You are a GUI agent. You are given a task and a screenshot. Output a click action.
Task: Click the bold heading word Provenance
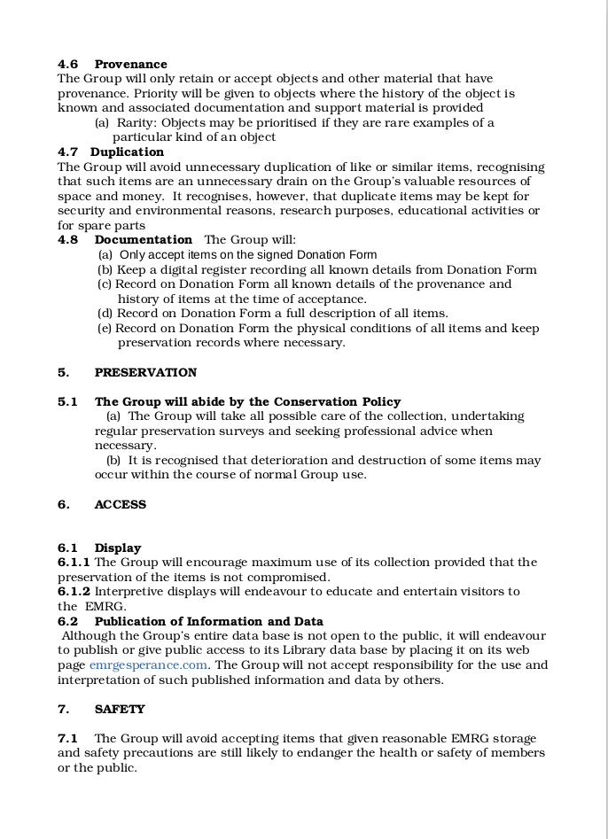pos(130,64)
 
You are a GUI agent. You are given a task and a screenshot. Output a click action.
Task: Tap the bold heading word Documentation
pos(143,239)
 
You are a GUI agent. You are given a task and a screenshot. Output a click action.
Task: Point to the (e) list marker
pos(105,328)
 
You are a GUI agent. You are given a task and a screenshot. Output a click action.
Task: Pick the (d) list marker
pos(105,313)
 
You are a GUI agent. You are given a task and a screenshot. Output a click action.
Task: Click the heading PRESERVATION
pos(145,372)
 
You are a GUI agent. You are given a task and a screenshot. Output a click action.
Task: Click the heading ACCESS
pos(120,504)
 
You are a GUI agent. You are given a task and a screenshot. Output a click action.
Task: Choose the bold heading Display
pos(118,548)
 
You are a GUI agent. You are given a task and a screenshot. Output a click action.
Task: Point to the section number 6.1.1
pos(74,562)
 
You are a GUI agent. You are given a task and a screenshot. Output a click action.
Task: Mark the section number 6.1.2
pos(74,591)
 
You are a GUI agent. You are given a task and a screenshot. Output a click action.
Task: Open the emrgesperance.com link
pos(148,664)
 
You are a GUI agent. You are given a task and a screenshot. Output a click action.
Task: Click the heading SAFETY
pos(120,709)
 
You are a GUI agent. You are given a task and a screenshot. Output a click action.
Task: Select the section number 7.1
pos(67,738)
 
